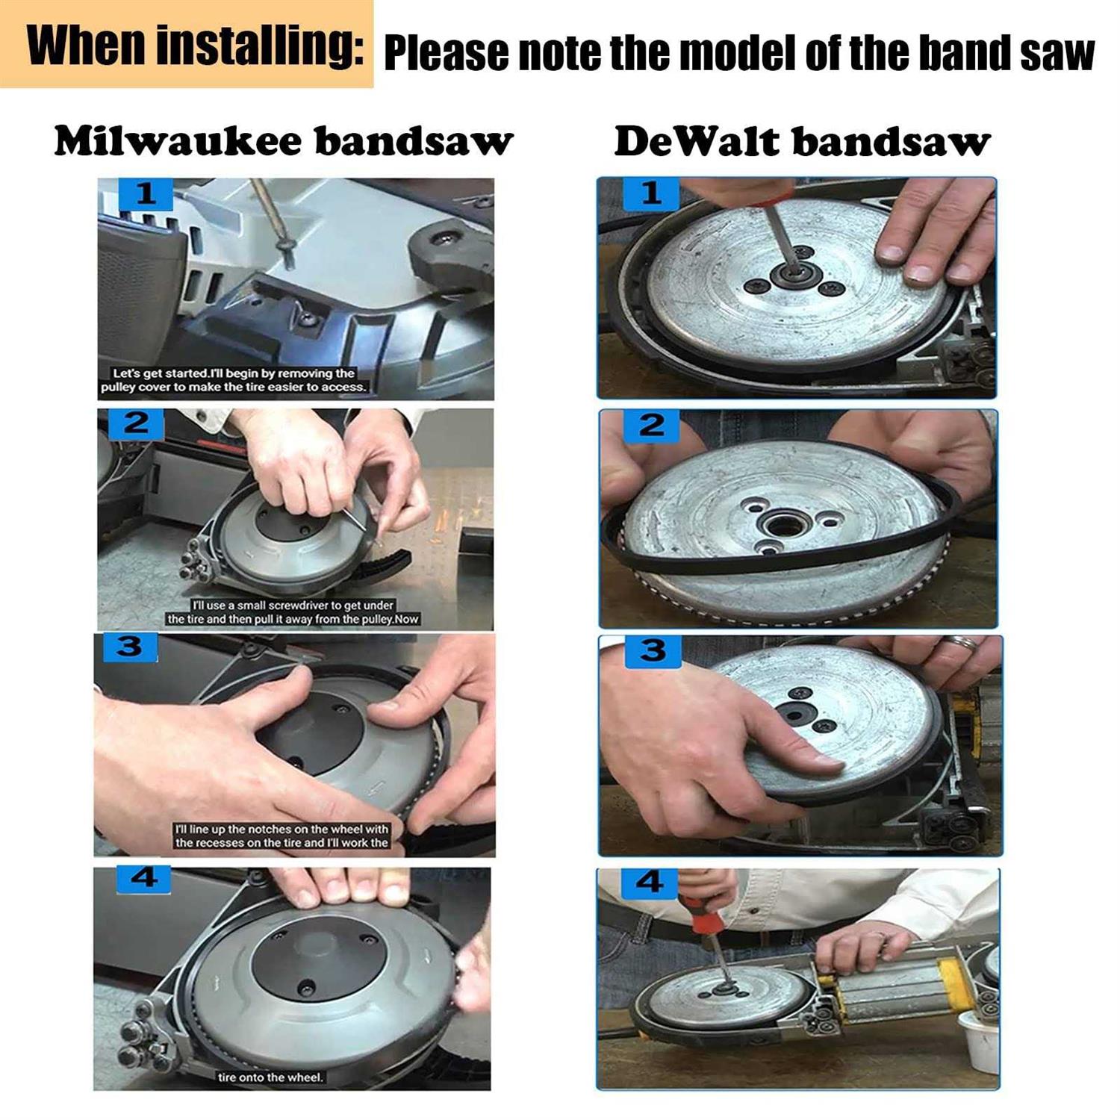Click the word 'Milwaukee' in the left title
click(178, 141)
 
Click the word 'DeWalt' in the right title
click(695, 142)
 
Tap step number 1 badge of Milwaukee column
click(145, 194)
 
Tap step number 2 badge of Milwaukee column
click(136, 423)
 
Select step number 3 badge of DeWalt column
click(652, 650)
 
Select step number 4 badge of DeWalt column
click(648, 883)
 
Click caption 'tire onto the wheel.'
click(270, 1077)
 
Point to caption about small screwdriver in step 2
click(293, 612)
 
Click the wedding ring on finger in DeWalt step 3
click(962, 642)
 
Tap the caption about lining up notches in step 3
click(281, 836)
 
